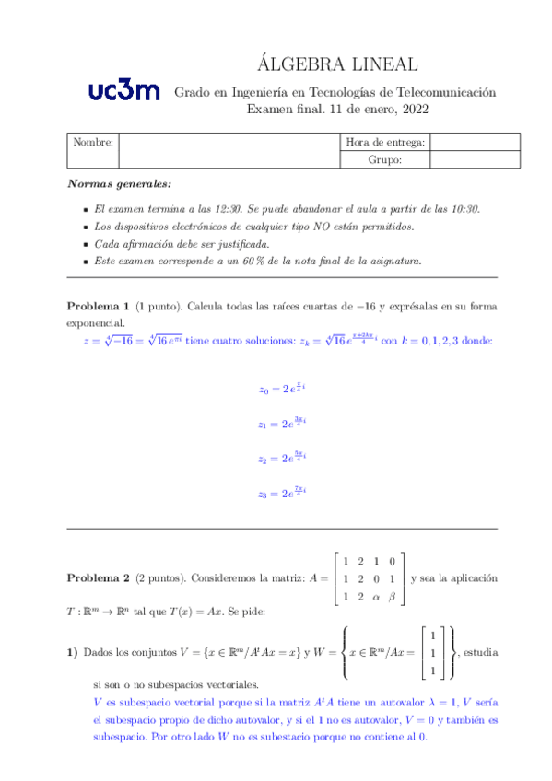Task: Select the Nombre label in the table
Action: (93, 143)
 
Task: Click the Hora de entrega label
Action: (385, 143)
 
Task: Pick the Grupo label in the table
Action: (385, 160)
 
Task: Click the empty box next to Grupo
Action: (475, 160)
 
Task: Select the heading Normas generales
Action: (119, 184)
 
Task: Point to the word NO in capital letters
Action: (320, 227)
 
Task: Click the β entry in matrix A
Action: (393, 597)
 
